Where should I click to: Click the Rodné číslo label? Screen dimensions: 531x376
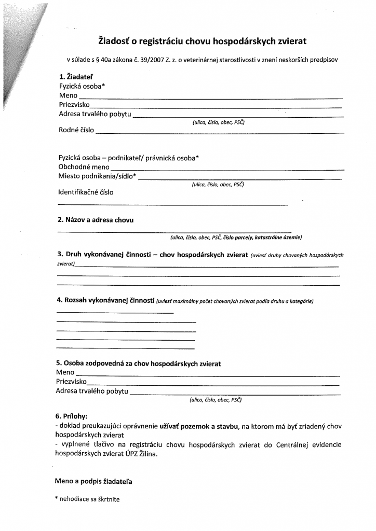coord(76,130)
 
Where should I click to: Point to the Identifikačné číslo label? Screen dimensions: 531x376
coord(86,192)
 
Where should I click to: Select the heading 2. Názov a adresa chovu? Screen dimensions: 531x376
coord(95,220)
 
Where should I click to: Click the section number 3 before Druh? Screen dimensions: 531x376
coord(59,255)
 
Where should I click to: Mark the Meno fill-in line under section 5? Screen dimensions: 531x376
coord(208,375)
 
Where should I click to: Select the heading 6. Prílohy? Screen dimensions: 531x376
coord(71,416)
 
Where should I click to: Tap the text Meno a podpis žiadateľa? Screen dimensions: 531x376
coord(93,481)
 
